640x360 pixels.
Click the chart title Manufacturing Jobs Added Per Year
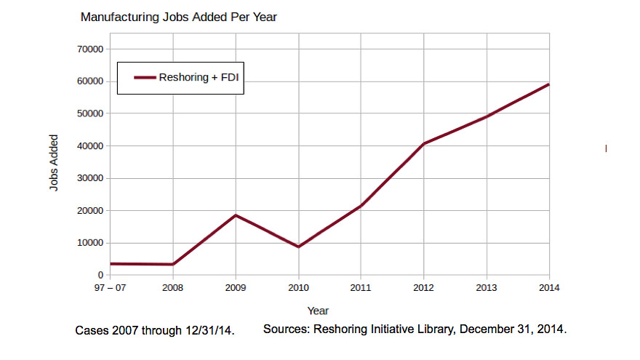coord(178,17)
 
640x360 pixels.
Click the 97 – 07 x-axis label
coord(109,289)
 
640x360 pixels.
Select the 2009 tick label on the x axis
coord(235,289)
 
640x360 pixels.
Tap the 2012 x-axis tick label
coord(423,289)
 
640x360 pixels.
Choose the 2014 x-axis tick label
coord(548,289)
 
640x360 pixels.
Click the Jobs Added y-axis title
coord(54,162)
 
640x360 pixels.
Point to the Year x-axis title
coord(318,311)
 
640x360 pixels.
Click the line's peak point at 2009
coord(235,215)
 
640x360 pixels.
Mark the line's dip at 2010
coord(298,247)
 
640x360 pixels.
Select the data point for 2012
coord(423,144)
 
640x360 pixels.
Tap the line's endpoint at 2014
coord(548,84)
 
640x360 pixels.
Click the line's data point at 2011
coord(361,206)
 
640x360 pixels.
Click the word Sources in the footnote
coord(285,329)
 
